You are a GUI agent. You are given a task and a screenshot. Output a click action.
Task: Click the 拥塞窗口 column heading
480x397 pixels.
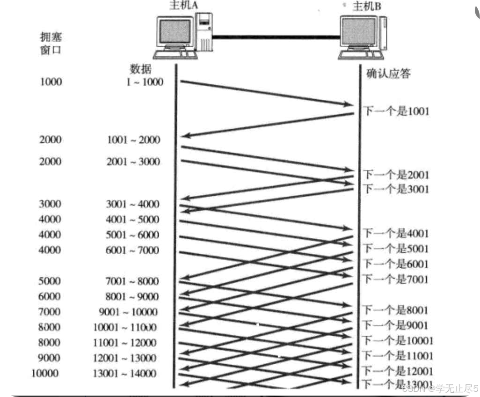pyautogui.click(x=51, y=43)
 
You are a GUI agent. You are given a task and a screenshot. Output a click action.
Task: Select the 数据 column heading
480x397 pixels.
pyautogui.click(x=140, y=69)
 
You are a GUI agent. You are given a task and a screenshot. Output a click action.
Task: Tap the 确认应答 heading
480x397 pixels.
pyautogui.click(x=388, y=74)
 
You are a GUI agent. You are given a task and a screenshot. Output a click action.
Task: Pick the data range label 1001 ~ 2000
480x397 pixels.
pyautogui.click(x=133, y=140)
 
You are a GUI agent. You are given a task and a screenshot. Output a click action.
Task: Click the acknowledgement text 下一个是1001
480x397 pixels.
pyautogui.click(x=396, y=111)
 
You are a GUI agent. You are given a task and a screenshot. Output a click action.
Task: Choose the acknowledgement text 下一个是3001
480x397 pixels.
pyautogui.click(x=396, y=189)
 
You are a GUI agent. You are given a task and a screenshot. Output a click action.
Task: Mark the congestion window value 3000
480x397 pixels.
pyautogui.click(x=51, y=204)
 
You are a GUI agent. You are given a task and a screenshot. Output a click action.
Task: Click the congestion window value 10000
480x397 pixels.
pyautogui.click(x=45, y=373)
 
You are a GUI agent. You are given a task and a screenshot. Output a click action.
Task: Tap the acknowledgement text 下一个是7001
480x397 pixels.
pyautogui.click(x=396, y=279)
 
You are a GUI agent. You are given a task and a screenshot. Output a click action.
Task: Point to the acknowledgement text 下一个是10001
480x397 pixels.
pyautogui.click(x=398, y=340)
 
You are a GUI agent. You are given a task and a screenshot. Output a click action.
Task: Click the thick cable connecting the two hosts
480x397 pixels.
pyautogui.click(x=276, y=36)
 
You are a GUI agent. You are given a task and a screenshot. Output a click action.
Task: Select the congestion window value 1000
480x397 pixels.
pyautogui.click(x=51, y=82)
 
